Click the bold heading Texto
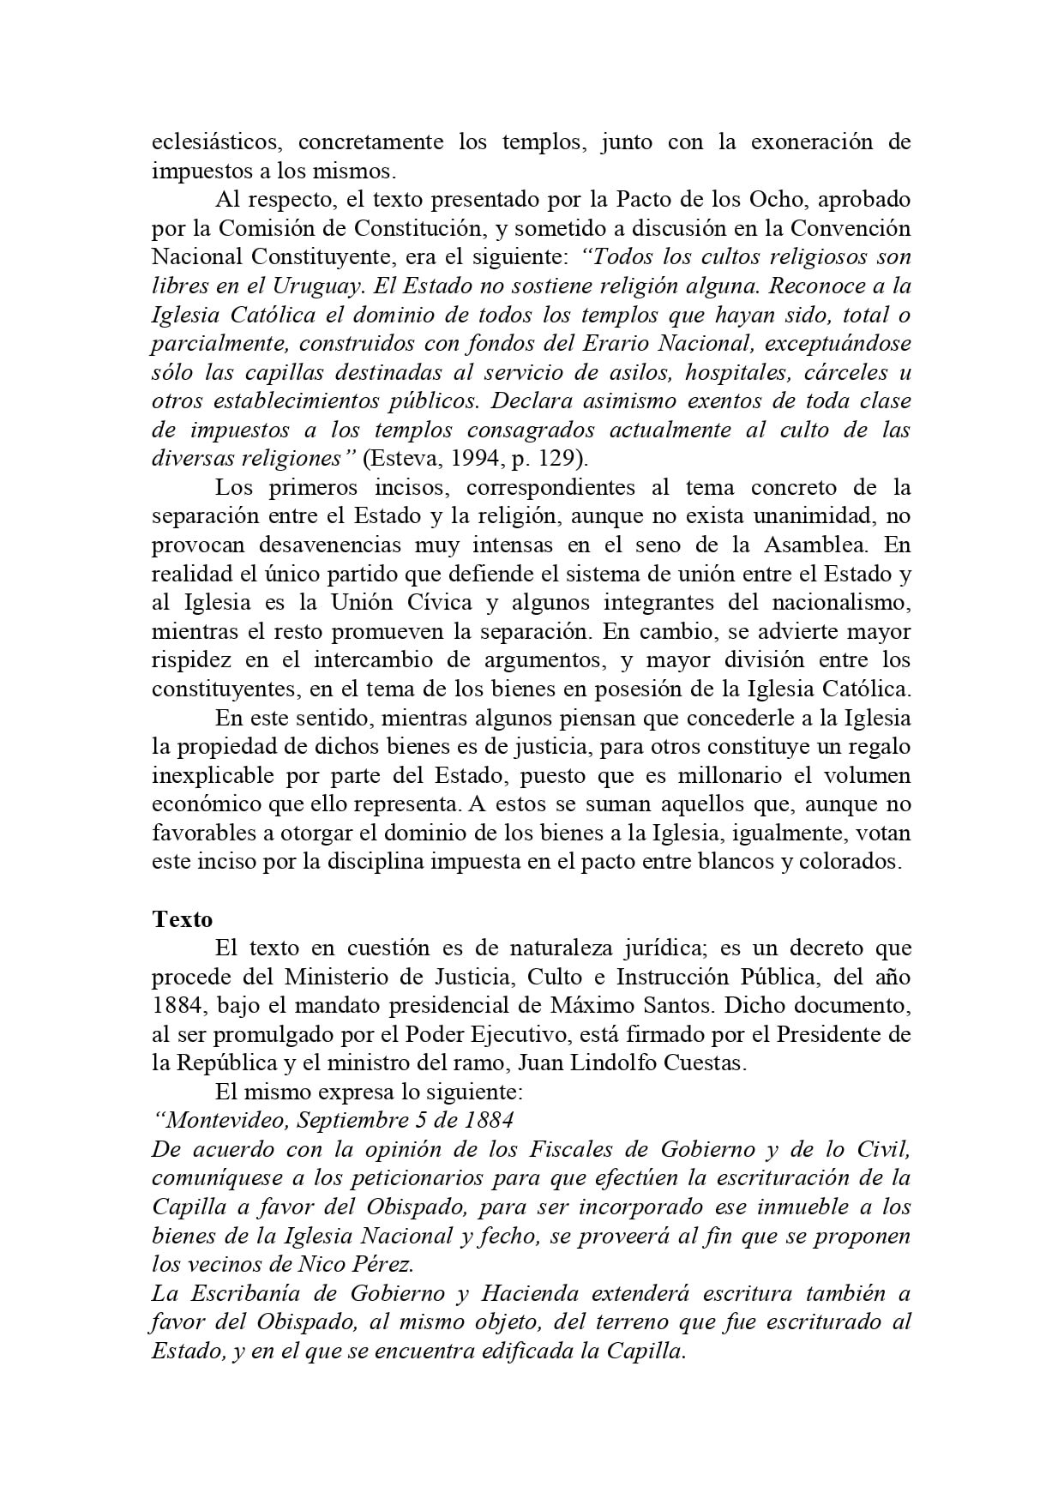182,918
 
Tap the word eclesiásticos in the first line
213,141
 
